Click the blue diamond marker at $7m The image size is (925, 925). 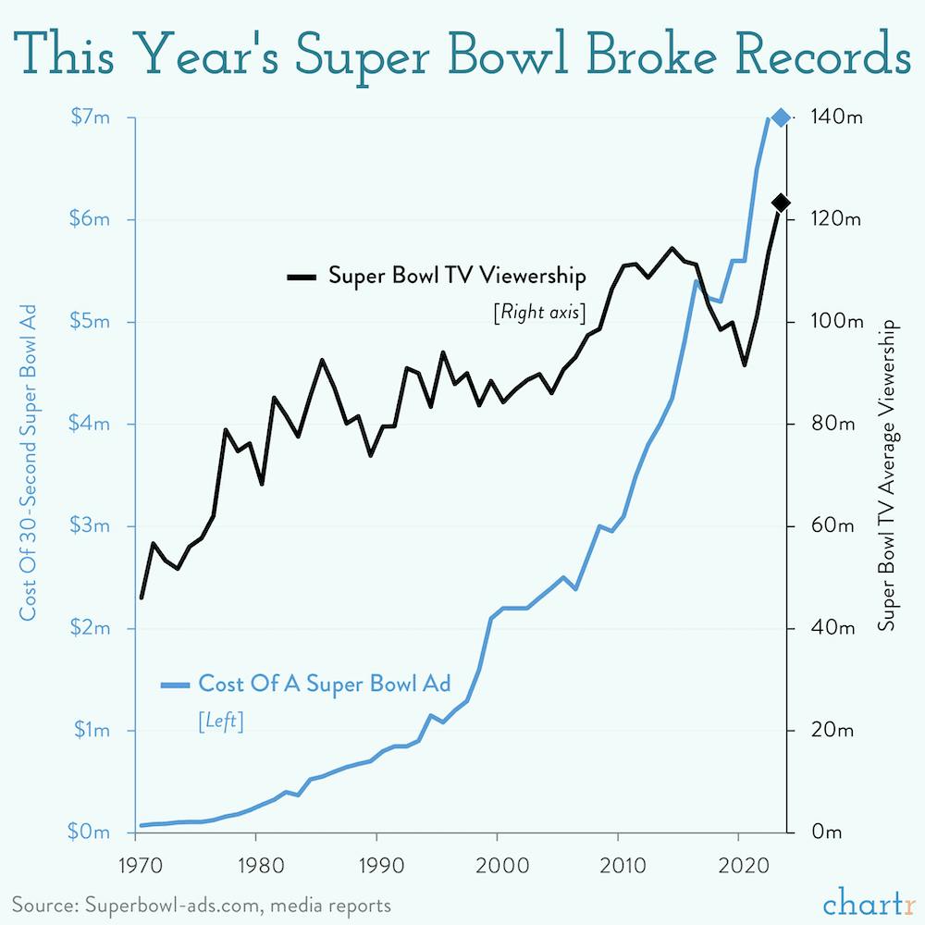[780, 117]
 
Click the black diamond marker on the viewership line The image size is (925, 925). [780, 203]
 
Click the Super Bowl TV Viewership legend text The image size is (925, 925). [458, 276]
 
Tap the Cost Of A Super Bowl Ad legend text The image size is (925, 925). [324, 684]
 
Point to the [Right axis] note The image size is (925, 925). [541, 312]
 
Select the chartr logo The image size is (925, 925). [868, 902]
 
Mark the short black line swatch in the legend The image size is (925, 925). [302, 277]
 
